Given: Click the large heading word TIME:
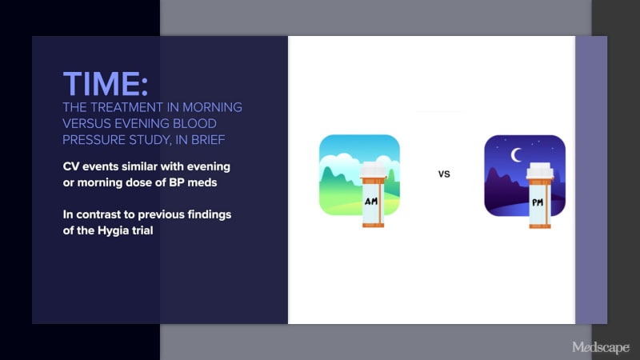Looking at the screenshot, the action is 106,84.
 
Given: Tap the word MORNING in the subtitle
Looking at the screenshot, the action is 212,107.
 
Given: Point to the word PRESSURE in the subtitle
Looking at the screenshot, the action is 94,140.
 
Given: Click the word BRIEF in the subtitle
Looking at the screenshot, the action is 208,140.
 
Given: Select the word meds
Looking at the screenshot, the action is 202,182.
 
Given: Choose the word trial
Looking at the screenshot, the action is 143,230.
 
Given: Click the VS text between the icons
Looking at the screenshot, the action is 444,174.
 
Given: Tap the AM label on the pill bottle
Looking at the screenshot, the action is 371,201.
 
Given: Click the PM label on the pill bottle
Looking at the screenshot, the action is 537,202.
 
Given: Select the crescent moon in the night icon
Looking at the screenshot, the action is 515,155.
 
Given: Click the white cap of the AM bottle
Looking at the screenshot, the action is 373,170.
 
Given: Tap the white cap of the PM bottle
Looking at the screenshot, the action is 539,170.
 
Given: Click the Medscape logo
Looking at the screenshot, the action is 601,347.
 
